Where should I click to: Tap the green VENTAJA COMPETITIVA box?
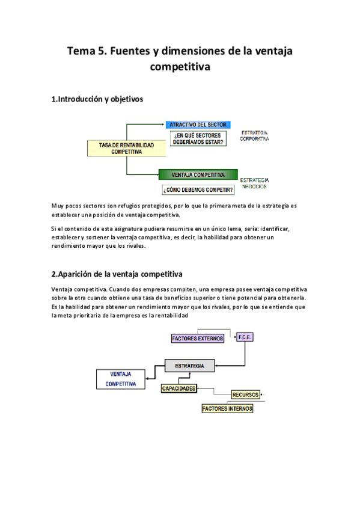pos(198,175)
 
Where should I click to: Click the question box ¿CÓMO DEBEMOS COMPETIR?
pos(198,190)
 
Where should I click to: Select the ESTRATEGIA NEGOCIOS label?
pos(254,183)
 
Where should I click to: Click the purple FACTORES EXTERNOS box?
pos(198,339)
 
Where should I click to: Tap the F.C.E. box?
pos(245,337)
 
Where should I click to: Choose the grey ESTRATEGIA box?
pos(189,366)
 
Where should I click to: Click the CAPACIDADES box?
pos(178,389)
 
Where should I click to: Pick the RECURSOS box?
pos(245,395)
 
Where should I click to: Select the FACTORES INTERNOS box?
pos(227,409)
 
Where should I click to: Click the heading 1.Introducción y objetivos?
pos(97,99)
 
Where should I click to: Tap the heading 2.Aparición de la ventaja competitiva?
pos(117,274)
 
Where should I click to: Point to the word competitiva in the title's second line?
pos(180,67)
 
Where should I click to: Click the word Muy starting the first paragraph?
pos(58,206)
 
